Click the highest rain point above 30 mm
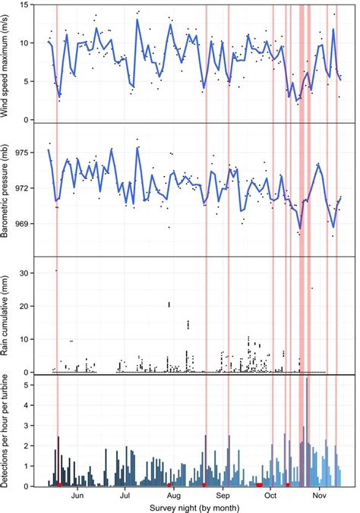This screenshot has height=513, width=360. tap(56, 270)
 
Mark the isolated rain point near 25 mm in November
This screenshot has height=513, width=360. tap(312, 288)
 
